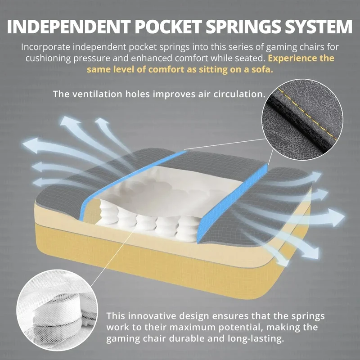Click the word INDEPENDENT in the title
coord(69,27)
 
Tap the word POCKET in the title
coord(168,27)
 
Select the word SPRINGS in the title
coord(243,27)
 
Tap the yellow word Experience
coord(290,58)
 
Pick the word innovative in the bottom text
coord(152,316)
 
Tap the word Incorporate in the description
coord(46,47)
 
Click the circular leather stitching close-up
coord(302,120)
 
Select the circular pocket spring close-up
coord(58,310)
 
